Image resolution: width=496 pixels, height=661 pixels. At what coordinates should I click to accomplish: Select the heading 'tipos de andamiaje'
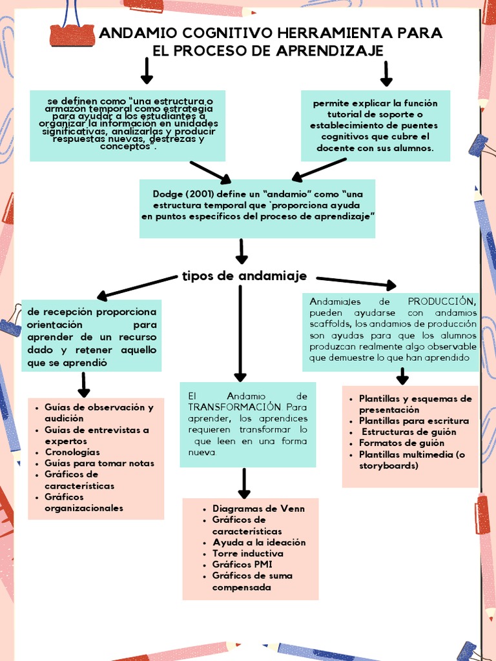tap(244, 276)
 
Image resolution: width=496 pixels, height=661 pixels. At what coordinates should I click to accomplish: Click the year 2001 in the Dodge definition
tap(197, 194)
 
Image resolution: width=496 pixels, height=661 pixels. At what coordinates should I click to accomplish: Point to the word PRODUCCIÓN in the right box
tap(442, 301)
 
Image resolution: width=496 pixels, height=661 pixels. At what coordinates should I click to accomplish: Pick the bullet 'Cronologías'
tap(72, 452)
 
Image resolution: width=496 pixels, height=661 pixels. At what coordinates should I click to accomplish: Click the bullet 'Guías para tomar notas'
tap(99, 463)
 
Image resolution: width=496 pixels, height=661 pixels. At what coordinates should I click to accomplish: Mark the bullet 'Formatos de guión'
tap(402, 443)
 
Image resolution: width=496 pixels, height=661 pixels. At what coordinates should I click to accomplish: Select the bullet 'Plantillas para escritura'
tap(414, 421)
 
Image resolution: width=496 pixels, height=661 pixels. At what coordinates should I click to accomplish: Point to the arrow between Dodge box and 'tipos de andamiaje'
tap(242, 251)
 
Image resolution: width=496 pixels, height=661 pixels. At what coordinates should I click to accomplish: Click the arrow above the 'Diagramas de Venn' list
tap(245, 483)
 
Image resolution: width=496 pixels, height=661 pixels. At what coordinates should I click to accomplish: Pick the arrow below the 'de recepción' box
tap(84, 384)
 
